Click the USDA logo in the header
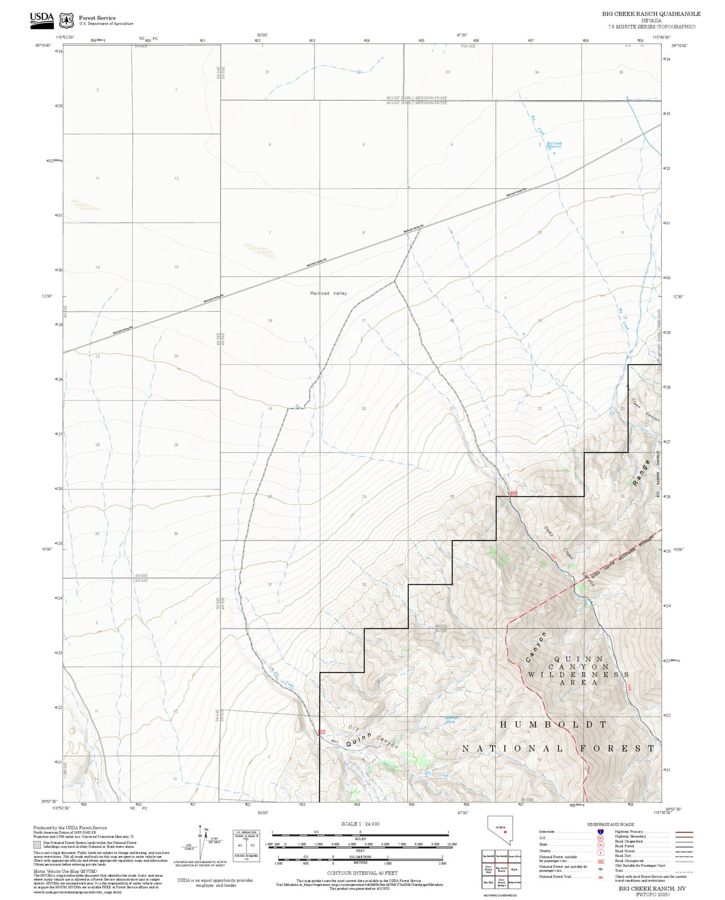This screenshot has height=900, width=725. [x=42, y=20]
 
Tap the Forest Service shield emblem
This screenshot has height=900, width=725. [x=66, y=21]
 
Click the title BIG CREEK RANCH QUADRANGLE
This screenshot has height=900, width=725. [x=651, y=14]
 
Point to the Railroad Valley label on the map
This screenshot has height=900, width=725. [x=328, y=293]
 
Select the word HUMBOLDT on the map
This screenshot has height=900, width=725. [x=553, y=725]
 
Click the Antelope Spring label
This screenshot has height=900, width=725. [x=451, y=720]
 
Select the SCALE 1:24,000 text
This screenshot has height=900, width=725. [x=360, y=824]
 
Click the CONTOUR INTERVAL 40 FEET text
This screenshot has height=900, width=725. [x=362, y=873]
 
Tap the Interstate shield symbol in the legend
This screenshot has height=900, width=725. [x=600, y=832]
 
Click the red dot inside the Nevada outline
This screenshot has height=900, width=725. [x=505, y=832]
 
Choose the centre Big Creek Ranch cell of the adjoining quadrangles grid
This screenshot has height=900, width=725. [x=501, y=869]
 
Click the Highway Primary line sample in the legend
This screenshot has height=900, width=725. [x=681, y=832]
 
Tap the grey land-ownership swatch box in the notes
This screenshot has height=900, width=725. [x=37, y=844]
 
